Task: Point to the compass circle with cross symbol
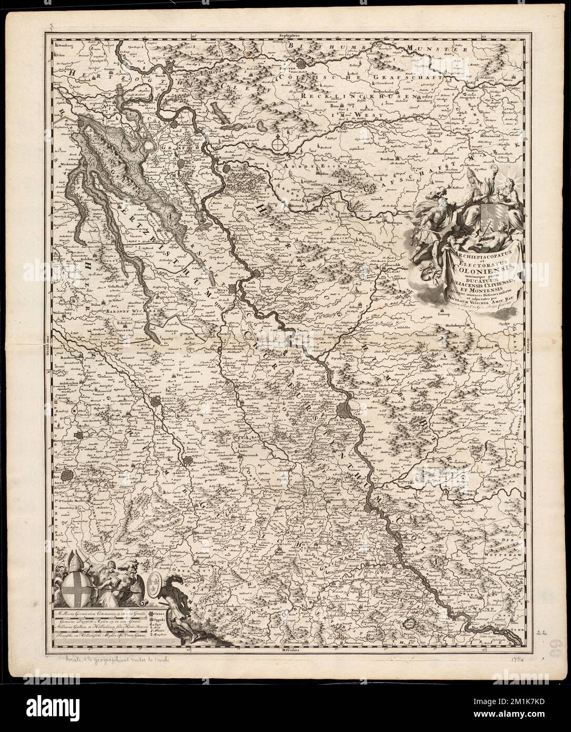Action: (x=277, y=143)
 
